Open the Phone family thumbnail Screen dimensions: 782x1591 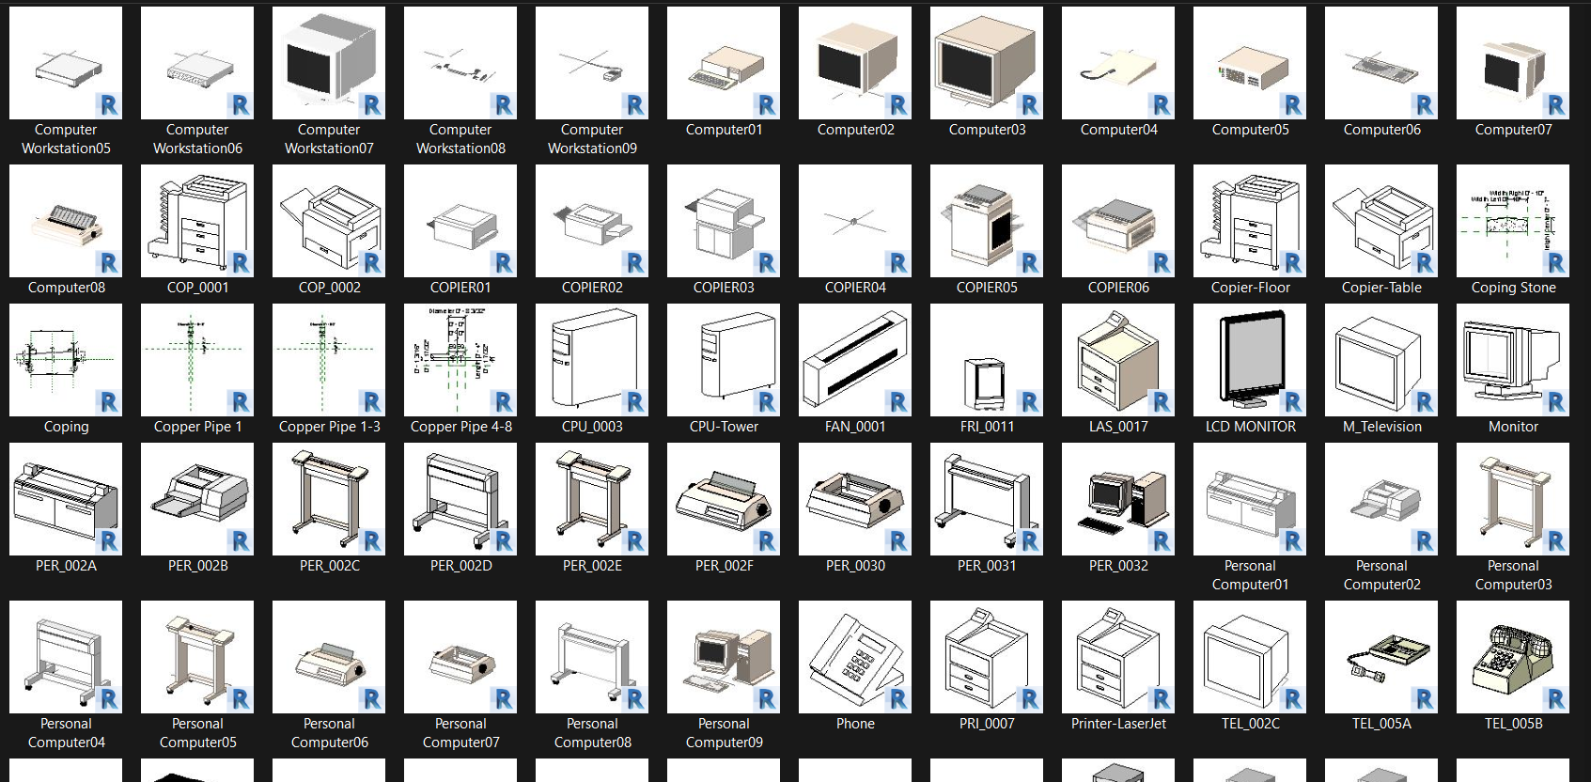pos(854,656)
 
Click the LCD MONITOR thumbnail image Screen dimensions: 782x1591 pos(1249,360)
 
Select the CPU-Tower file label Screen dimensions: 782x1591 pos(724,427)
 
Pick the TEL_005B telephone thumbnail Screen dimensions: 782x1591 pos(1512,656)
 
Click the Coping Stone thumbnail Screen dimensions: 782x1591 pos(1512,221)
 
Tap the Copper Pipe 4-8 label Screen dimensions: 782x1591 pos(460,427)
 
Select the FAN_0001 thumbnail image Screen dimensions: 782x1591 pos(854,360)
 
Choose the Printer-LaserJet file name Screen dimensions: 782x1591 pos(1118,724)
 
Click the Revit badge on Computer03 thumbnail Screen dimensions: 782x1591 pos(1030,105)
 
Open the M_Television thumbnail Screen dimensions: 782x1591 pos(1380,360)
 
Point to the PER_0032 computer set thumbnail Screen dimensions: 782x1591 pos(1117,499)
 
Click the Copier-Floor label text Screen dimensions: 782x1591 pos(1250,288)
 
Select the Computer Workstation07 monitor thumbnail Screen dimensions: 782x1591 pos(328,62)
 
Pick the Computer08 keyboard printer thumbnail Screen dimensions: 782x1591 pos(66,221)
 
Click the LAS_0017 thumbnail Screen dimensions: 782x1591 pos(1117,360)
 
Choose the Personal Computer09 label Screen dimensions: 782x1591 pos(724,733)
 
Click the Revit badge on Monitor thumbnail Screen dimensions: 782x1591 pos(1556,402)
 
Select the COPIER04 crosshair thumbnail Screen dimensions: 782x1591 pos(854,221)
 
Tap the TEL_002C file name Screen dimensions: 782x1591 pos(1250,724)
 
